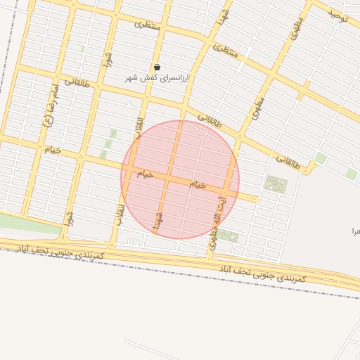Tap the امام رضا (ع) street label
(49, 110)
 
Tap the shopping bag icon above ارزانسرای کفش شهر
(157, 67)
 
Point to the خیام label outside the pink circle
(53, 150)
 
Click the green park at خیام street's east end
(276, 185)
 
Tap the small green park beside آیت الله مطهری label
(231, 237)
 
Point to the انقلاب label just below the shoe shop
(139, 127)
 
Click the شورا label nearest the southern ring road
(68, 218)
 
